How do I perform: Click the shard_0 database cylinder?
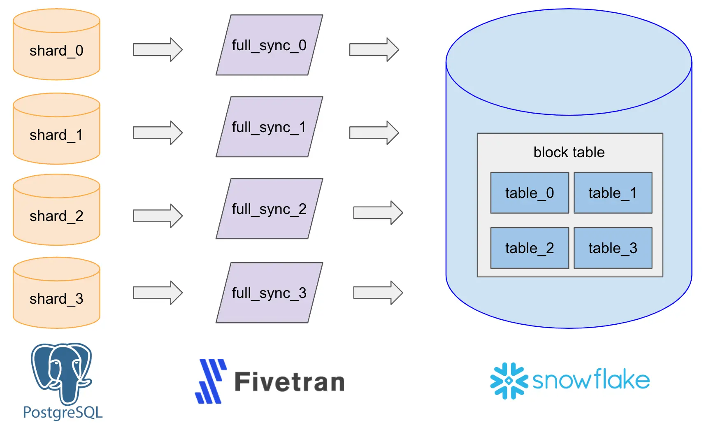(56, 45)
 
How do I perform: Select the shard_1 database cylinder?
(56, 129)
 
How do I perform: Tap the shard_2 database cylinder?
(56, 210)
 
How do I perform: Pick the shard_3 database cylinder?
(56, 293)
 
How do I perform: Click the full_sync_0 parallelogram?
(270, 45)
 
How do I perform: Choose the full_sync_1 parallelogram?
(270, 127)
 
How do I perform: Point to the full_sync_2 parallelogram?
(270, 209)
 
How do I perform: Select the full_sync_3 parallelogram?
(270, 293)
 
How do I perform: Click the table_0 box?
(530, 193)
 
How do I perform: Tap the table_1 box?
(613, 193)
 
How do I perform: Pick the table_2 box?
(530, 248)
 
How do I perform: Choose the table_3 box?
(613, 248)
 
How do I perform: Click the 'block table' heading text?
(569, 152)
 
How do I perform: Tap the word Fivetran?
(289, 382)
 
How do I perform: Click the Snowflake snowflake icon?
(509, 381)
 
